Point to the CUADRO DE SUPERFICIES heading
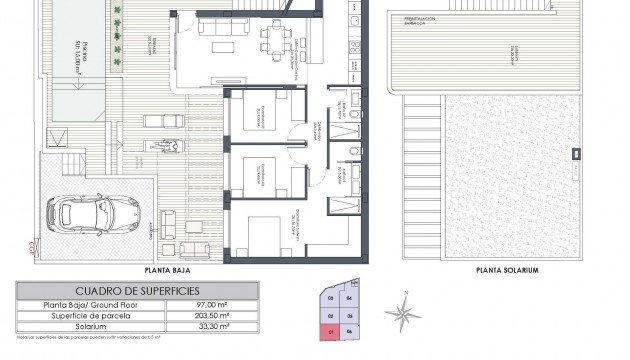[x=137, y=291]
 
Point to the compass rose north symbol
[x=403, y=313]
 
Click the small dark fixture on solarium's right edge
[x=575, y=154]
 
